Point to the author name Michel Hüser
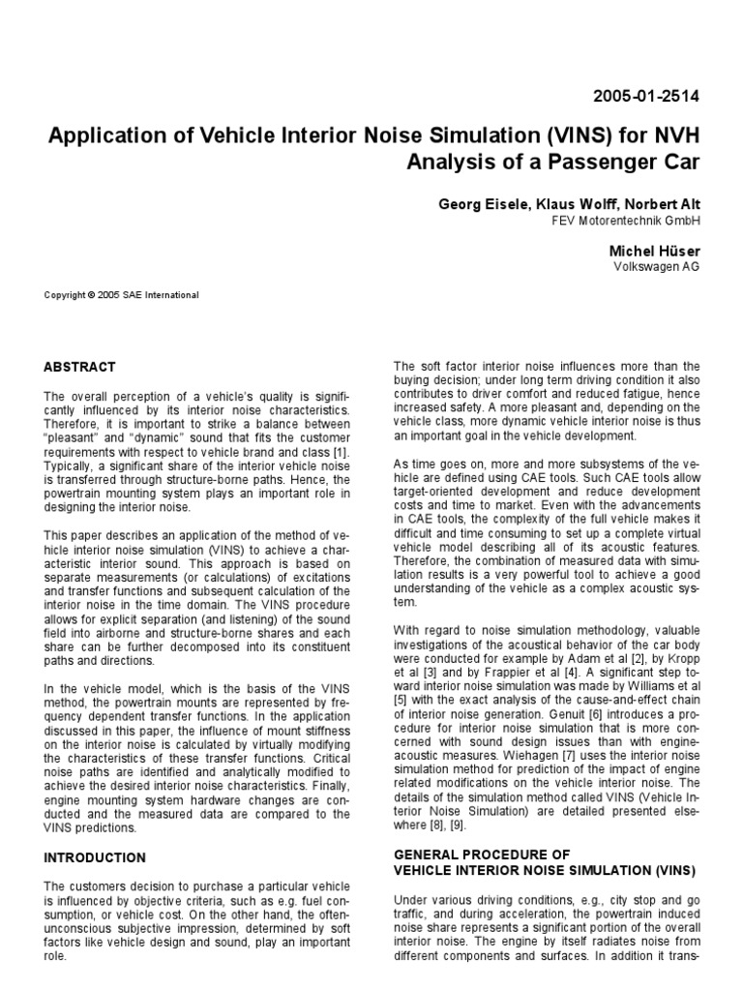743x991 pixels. click(652, 250)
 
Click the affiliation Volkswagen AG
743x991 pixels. click(657, 266)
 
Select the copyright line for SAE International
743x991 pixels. click(122, 295)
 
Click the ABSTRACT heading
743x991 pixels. click(80, 368)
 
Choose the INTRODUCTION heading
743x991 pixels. click(95, 857)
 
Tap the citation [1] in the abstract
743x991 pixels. click(342, 453)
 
